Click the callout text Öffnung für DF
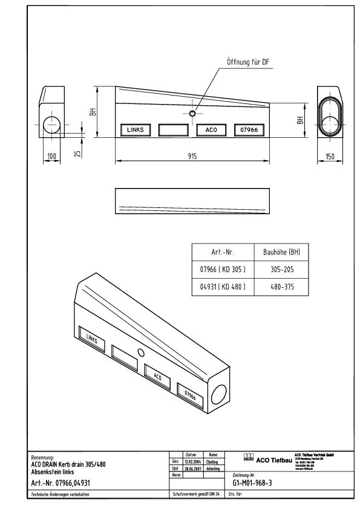point(247,62)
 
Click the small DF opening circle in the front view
point(192,113)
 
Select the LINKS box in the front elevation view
point(135,129)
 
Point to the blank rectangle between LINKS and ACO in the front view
point(174,129)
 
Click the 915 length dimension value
point(191,155)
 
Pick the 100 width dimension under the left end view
point(52,156)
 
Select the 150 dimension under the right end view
point(330,156)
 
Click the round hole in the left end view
point(51,125)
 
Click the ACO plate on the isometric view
point(157,375)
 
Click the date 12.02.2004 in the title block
point(193,461)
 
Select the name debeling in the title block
point(212,468)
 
